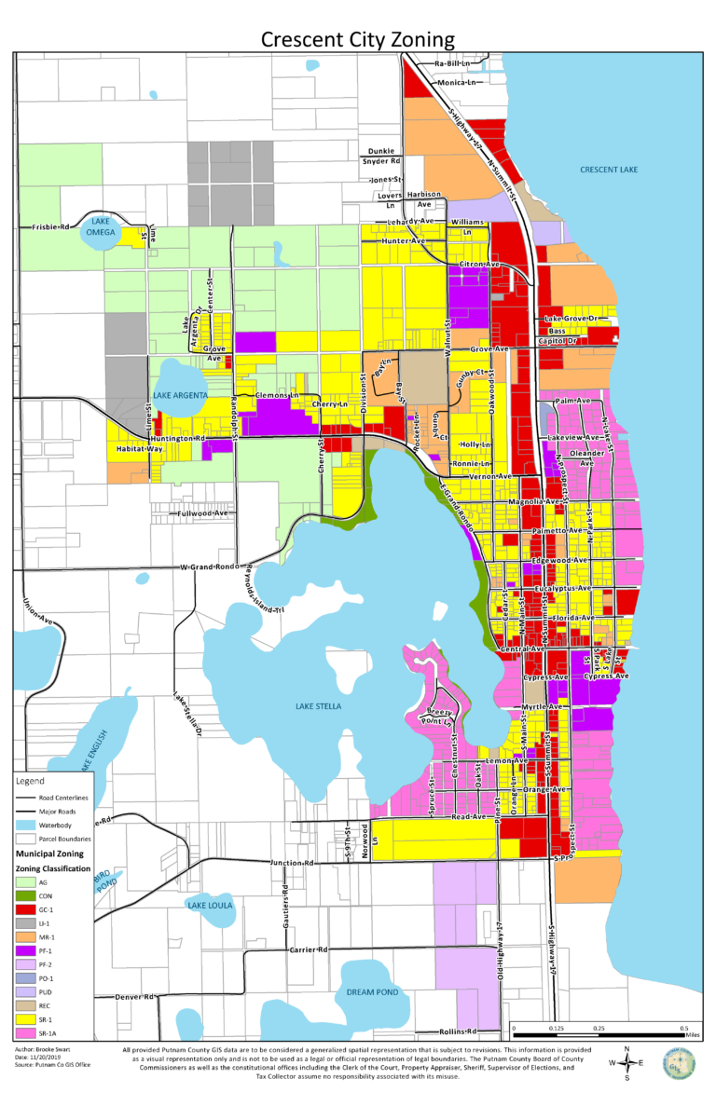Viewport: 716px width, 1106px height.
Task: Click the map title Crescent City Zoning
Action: (x=358, y=38)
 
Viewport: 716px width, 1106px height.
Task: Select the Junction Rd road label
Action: (x=291, y=863)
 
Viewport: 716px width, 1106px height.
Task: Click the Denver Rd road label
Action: (x=133, y=997)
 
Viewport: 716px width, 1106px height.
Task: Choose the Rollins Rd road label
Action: (x=458, y=1031)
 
